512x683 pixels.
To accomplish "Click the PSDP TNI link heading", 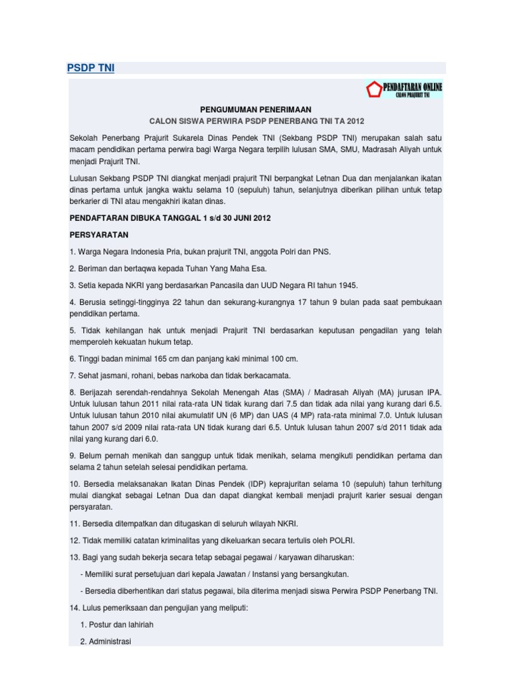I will pos(91,68).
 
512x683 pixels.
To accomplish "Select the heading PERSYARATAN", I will pos(99,235).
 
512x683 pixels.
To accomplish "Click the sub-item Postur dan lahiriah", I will pos(117,625).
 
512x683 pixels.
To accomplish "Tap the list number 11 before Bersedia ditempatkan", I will pos(75,524).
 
